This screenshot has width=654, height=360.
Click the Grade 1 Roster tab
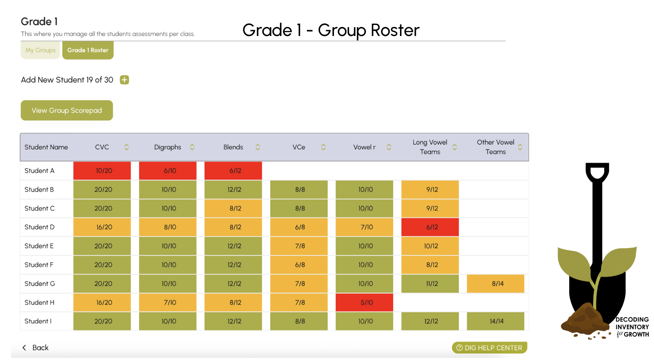pyautogui.click(x=88, y=50)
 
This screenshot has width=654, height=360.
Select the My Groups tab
pyautogui.click(x=40, y=50)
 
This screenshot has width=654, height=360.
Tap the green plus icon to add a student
pyautogui.click(x=124, y=80)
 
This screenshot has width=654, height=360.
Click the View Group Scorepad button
pyautogui.click(x=67, y=110)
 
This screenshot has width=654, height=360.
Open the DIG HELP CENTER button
pyautogui.click(x=489, y=348)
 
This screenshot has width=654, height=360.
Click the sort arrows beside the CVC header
pyautogui.click(x=127, y=147)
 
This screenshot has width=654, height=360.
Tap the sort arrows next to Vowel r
pyautogui.click(x=389, y=147)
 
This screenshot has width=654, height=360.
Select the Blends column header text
pyautogui.click(x=233, y=147)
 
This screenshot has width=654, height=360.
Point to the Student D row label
pyautogui.click(x=39, y=227)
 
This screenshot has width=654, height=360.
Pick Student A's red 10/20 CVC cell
pyautogui.click(x=102, y=171)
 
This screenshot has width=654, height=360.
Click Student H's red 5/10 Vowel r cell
pyautogui.click(x=364, y=303)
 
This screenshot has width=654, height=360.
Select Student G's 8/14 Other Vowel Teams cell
pyautogui.click(x=496, y=283)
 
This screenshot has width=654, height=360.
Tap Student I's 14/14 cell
pyautogui.click(x=496, y=321)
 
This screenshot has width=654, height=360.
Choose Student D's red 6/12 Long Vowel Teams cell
pyautogui.click(x=430, y=227)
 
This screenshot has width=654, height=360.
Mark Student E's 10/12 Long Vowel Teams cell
pyautogui.click(x=430, y=246)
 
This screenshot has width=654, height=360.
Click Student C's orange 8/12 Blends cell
pyautogui.click(x=233, y=208)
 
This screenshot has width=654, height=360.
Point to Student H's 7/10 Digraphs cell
pyautogui.click(x=168, y=303)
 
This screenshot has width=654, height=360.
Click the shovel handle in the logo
pyautogui.click(x=597, y=215)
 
